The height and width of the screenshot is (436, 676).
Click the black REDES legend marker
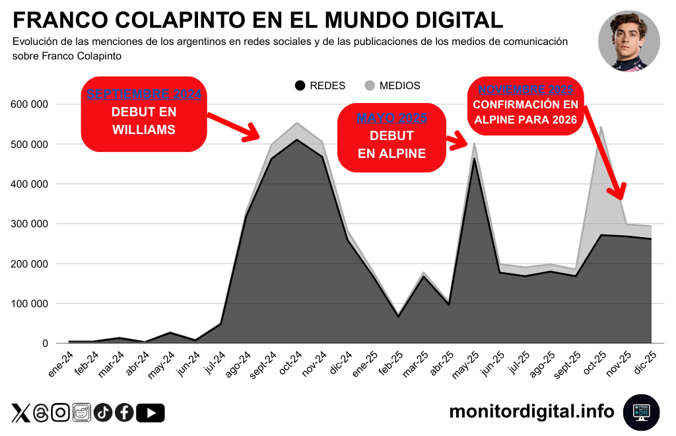coord(301,86)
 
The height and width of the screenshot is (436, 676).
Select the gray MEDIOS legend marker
coord(369,86)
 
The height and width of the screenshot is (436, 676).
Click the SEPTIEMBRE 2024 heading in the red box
coord(144,94)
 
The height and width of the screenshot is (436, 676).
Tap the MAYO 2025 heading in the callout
coord(391,118)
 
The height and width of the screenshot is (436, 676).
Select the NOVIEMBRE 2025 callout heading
coord(525,89)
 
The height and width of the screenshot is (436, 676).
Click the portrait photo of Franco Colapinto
coord(628,41)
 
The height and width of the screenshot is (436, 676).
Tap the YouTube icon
coord(151,413)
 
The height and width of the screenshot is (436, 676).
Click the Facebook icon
coord(124,413)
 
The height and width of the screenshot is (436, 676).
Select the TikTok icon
coord(103,413)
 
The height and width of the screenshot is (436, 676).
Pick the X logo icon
coord(20,413)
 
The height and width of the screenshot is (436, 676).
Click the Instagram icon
coord(61,413)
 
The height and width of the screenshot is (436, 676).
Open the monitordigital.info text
coord(531,412)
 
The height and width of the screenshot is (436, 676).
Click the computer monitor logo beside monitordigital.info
coord(641,412)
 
